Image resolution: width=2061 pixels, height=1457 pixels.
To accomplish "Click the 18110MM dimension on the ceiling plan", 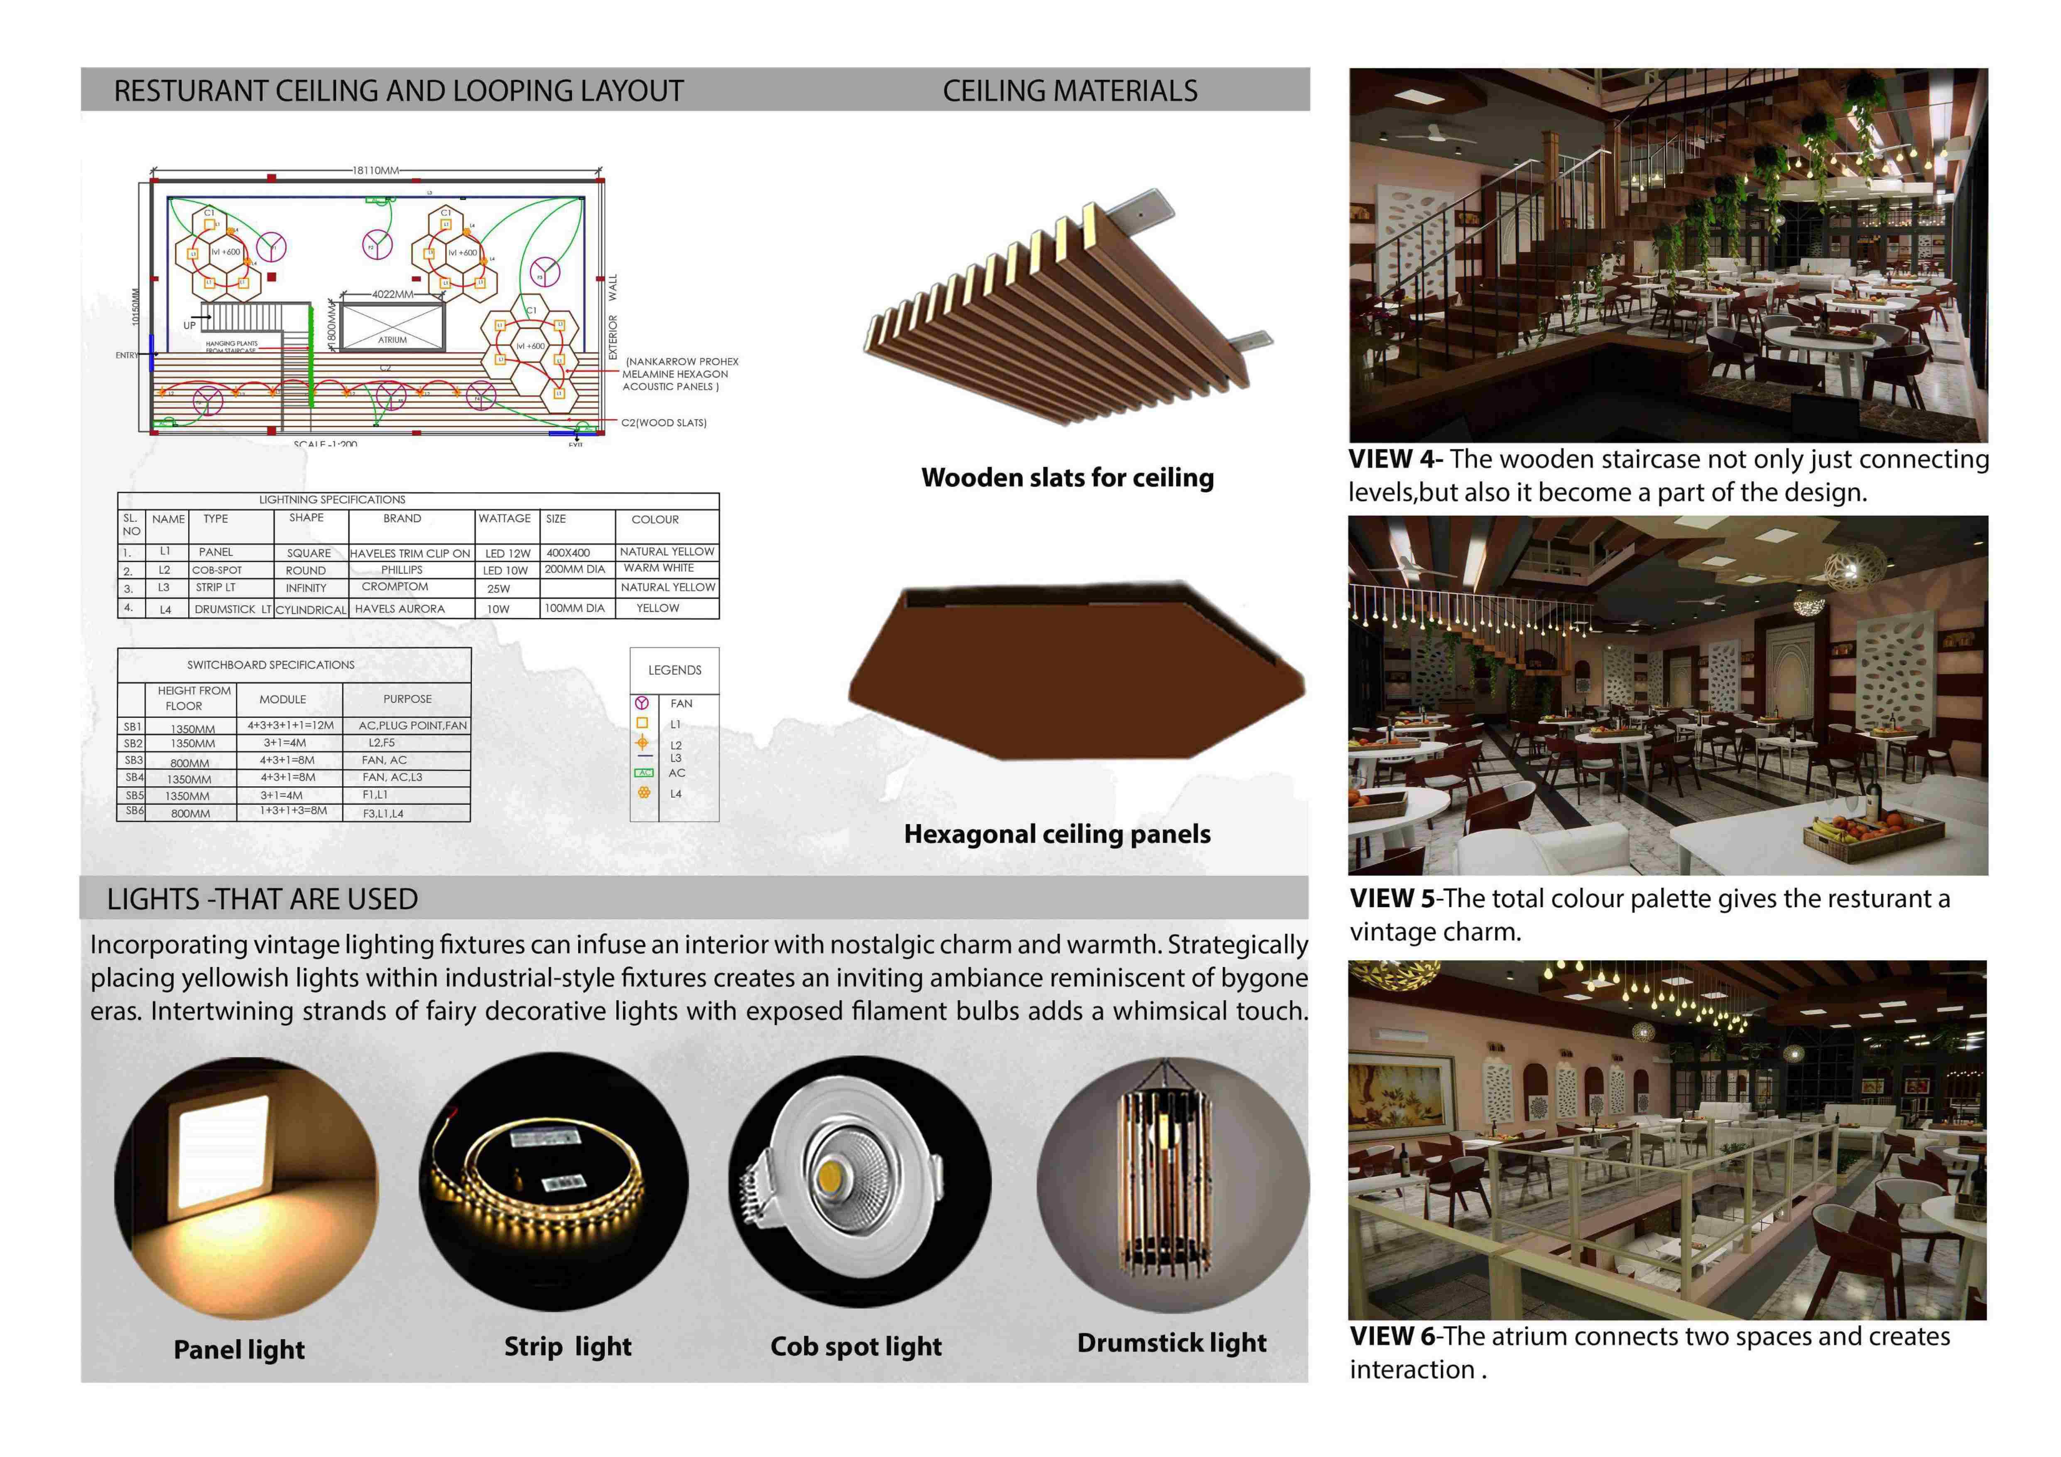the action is point(375,170).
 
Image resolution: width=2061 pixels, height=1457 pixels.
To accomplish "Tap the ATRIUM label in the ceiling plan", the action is point(392,339).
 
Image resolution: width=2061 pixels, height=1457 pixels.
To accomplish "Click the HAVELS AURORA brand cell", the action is point(399,608).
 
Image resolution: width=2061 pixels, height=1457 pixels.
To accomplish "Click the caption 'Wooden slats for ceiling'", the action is point(1067,478).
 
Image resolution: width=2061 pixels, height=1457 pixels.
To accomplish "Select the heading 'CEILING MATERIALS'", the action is point(1069,91).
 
